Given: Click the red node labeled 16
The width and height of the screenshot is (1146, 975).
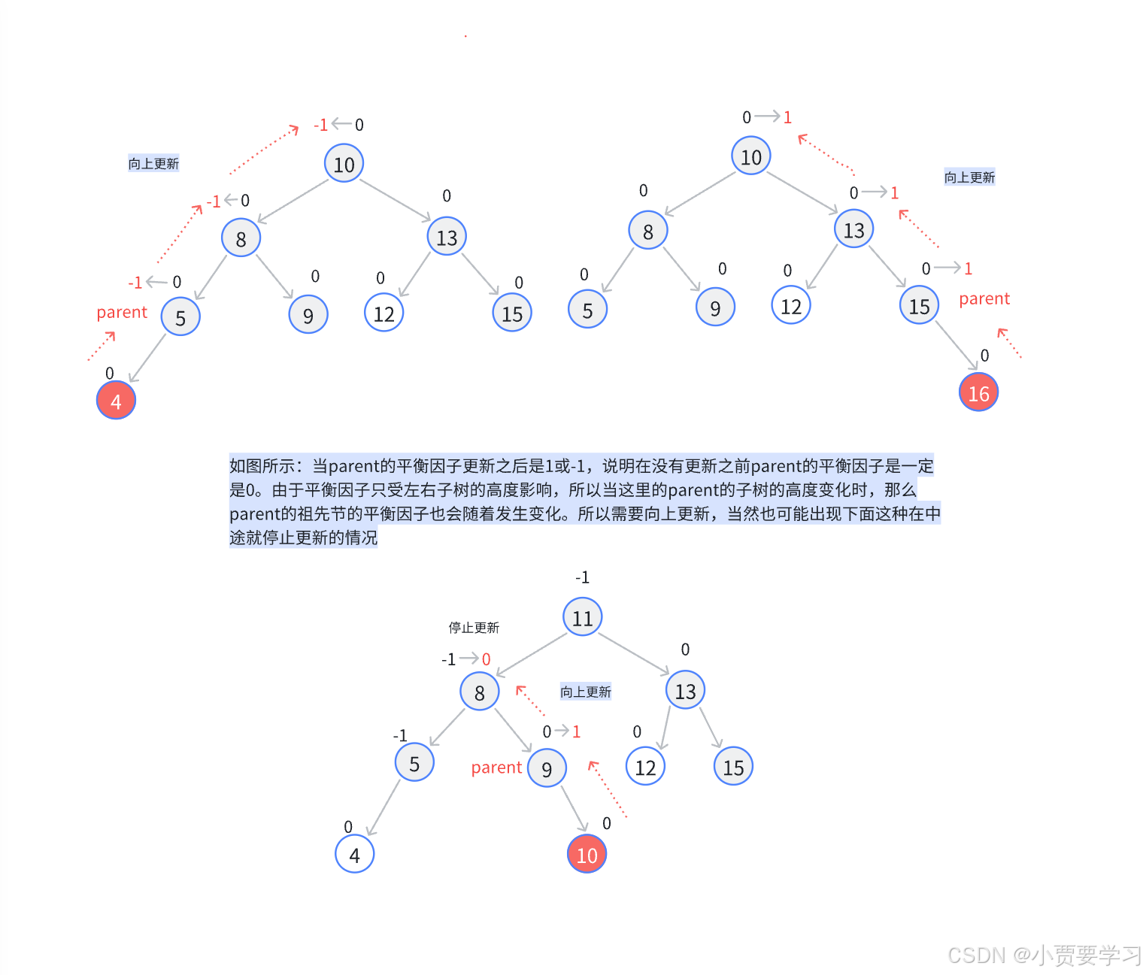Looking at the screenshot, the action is [x=978, y=392].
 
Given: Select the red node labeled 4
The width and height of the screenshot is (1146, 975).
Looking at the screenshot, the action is [x=116, y=401].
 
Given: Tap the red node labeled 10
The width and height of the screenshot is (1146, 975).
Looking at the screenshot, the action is [x=587, y=854].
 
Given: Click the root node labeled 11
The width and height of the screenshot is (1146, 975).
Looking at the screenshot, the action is [x=583, y=617].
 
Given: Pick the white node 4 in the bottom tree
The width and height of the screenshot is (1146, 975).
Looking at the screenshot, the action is [x=354, y=854].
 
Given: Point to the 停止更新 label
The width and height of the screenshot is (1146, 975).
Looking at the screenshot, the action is [x=474, y=628].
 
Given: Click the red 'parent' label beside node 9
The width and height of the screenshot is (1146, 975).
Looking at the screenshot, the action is [x=496, y=768].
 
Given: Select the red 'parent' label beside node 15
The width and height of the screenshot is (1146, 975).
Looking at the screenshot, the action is [x=984, y=299].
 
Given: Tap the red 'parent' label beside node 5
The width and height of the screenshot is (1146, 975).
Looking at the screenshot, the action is [x=122, y=313].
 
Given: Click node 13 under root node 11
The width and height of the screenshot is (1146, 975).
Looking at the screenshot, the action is [x=685, y=691].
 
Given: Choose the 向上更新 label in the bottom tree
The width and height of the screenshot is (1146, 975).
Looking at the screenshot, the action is [x=585, y=692].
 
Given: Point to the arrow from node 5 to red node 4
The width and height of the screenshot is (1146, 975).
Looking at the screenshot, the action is [x=147, y=358].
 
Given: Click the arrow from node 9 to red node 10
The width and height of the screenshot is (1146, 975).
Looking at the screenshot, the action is [x=574, y=808].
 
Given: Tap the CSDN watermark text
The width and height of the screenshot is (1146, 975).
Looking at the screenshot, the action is [x=1044, y=955].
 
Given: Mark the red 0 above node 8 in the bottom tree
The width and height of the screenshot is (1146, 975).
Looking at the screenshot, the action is [x=487, y=659].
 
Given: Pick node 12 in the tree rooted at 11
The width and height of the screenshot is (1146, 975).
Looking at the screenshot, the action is [x=645, y=767].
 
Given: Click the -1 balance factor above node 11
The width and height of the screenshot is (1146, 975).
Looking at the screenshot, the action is [x=582, y=577].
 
